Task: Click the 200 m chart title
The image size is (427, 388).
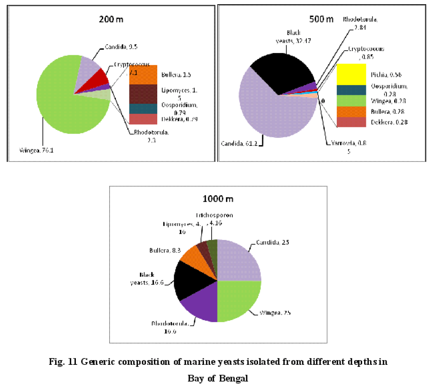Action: pyautogui.click(x=109, y=19)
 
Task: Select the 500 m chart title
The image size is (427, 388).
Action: pyautogui.click(x=321, y=19)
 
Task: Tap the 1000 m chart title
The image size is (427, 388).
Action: pyautogui.click(x=217, y=199)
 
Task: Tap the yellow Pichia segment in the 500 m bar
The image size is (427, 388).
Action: pyautogui.click(x=352, y=74)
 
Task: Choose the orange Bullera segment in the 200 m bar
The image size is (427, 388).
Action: pyautogui.click(x=143, y=75)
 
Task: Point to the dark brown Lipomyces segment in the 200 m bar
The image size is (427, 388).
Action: pyautogui.click(x=143, y=94)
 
